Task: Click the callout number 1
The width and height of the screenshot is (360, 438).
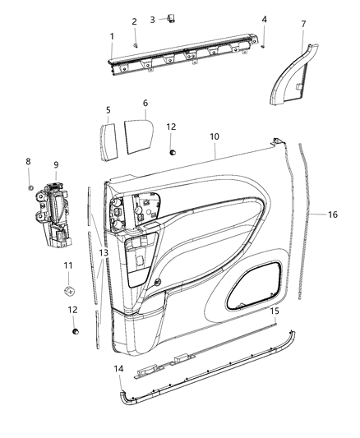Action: coord(112,37)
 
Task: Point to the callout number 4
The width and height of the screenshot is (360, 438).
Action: coord(264,19)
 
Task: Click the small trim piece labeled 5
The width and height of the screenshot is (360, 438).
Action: coord(108,136)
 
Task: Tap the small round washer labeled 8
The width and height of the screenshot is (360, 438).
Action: coord(30,188)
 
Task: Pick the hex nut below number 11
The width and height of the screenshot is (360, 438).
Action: coord(70,291)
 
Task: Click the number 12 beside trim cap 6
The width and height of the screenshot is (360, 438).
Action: coord(171,127)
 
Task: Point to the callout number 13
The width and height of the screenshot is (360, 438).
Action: coord(104,253)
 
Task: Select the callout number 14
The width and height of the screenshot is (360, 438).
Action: coord(118,370)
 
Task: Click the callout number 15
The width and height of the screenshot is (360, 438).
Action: coord(274,311)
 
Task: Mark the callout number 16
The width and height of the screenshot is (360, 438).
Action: coord(332,214)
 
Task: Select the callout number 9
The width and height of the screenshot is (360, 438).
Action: coord(56,164)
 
